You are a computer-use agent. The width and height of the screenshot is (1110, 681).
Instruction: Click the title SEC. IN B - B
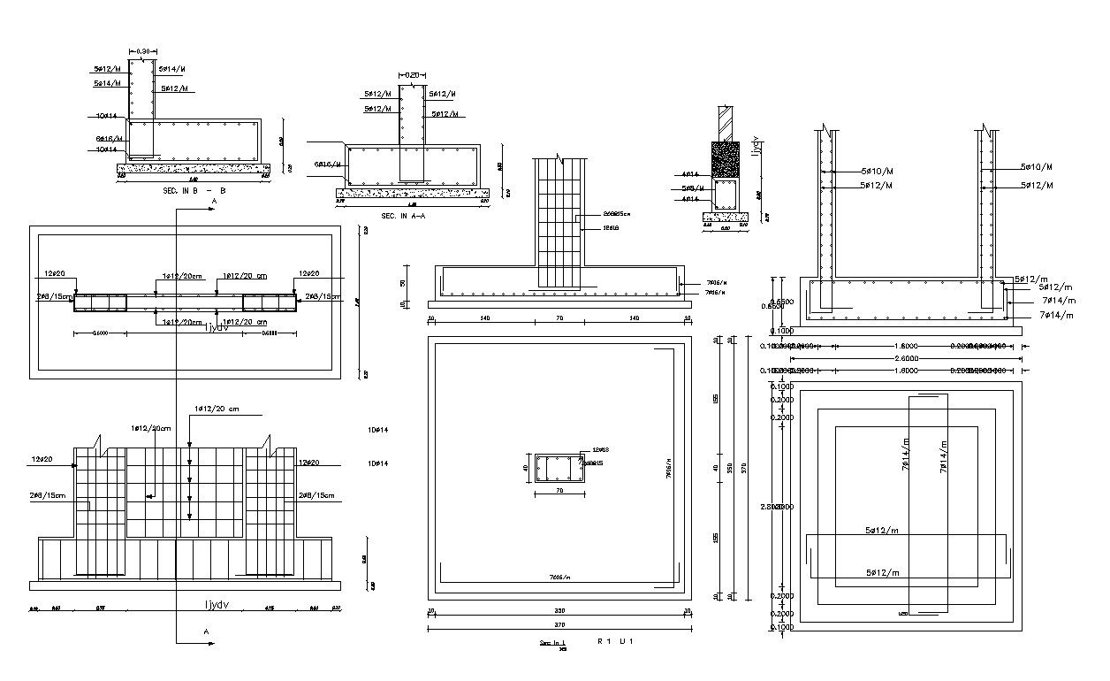coord(195,191)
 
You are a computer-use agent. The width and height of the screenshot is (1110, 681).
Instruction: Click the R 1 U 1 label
coord(616,640)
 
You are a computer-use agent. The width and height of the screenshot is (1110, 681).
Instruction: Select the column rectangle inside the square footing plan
coord(558,468)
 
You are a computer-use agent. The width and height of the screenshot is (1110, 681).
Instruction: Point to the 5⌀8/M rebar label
coord(693,188)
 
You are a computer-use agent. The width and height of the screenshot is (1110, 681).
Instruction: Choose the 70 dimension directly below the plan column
coord(560,491)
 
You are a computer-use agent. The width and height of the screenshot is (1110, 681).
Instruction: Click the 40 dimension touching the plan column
coord(525,469)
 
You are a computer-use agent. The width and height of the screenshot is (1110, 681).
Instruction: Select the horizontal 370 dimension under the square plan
coord(558,625)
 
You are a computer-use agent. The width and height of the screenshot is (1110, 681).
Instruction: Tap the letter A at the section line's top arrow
coord(213,203)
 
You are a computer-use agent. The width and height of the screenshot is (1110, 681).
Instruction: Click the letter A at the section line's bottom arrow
coord(207,632)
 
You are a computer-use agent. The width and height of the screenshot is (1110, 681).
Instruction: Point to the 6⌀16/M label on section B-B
coord(108,139)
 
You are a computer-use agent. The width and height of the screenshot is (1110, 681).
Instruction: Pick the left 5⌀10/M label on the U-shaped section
coord(876,171)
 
